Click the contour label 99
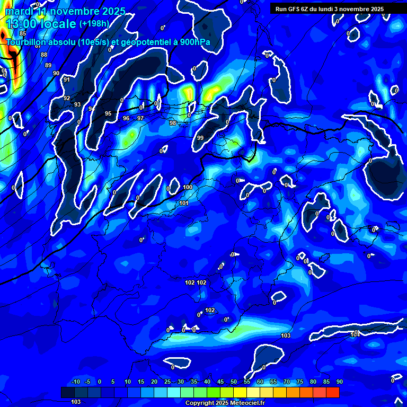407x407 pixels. [x=200, y=138]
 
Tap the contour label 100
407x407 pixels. [x=188, y=187]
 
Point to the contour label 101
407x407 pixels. [x=184, y=203]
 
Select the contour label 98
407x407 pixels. [x=173, y=123]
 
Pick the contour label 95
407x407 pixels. [x=108, y=113]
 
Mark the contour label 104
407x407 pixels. [x=355, y=334]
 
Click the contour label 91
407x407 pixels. [x=67, y=79]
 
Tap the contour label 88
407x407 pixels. [x=44, y=55]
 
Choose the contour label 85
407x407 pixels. [x=22, y=33]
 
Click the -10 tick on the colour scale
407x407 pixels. [x=75, y=382]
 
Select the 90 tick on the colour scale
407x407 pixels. [x=339, y=382]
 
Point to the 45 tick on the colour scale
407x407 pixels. [x=220, y=382]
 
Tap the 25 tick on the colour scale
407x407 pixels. [x=167, y=382]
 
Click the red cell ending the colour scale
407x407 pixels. [x=333, y=392]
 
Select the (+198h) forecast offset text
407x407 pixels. [x=94, y=23]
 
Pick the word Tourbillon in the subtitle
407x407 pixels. [x=28, y=42]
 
